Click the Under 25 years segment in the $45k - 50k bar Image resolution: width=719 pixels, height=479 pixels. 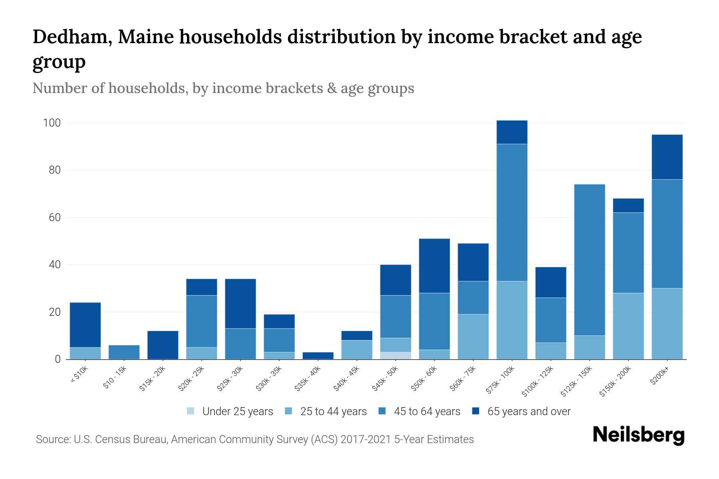coord(395,355)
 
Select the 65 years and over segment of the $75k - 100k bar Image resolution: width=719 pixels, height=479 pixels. coord(512,132)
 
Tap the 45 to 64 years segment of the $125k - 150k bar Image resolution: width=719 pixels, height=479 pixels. coord(589,259)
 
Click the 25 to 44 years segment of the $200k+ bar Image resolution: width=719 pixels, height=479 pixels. coord(667,323)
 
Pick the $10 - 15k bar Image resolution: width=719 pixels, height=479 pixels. coord(124,352)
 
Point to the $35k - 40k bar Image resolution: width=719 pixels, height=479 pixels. coord(318,355)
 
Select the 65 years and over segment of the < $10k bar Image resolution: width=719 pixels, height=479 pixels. coord(85,325)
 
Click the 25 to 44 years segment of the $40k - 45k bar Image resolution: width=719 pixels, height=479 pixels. coord(357,350)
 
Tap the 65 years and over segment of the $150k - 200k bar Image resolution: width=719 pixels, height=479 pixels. coord(628,206)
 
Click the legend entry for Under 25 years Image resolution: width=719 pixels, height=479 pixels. coord(230,411)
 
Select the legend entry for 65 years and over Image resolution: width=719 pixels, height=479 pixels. coord(521,411)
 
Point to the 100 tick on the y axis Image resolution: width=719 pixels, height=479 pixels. coord(52,123)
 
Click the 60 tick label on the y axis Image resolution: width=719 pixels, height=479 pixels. coord(54,218)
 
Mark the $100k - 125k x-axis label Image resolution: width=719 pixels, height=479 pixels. coord(538,381)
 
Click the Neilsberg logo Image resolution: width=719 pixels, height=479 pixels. coord(638,435)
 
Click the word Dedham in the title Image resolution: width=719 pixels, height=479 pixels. coord(72,37)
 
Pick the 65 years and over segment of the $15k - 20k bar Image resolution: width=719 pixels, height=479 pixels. coord(163,345)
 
